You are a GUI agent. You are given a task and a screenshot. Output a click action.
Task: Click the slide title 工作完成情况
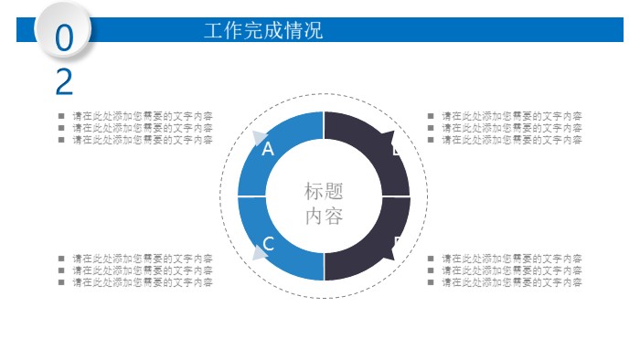(x=263, y=30)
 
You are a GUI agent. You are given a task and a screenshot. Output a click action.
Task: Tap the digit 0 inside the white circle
(x=64, y=39)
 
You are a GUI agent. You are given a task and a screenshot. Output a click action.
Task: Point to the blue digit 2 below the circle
(x=64, y=82)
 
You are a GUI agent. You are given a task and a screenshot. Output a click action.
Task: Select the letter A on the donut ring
(x=268, y=149)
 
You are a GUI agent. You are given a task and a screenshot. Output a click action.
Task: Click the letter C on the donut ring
(x=269, y=244)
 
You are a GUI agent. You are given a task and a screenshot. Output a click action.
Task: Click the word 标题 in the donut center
(x=324, y=192)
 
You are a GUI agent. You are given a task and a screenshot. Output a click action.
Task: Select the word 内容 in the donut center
(x=324, y=217)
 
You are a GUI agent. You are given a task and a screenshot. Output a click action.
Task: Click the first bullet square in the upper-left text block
(x=61, y=116)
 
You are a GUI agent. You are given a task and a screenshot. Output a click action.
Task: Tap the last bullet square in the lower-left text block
(x=61, y=282)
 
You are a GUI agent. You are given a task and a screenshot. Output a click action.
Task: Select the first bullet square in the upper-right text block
(x=431, y=116)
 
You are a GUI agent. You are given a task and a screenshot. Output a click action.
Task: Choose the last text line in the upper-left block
(x=143, y=140)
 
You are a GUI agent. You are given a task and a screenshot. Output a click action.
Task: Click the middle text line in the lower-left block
(x=143, y=270)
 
